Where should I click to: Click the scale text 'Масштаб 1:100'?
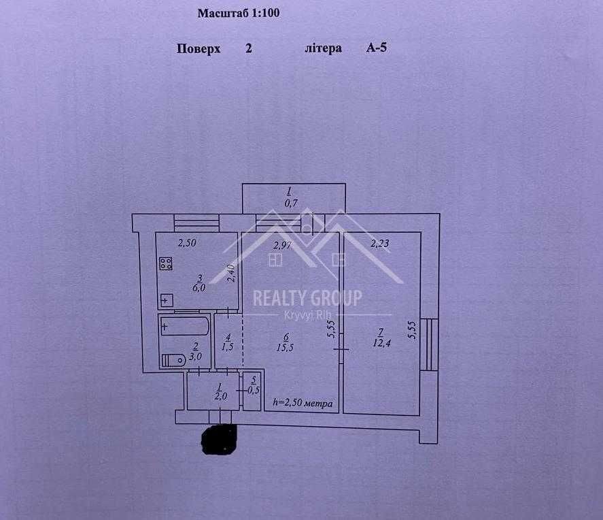[x=239, y=13]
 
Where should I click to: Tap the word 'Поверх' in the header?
[x=199, y=49]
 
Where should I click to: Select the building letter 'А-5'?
[x=377, y=49]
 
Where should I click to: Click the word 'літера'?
[x=323, y=49]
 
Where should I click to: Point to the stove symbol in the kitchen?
[x=165, y=264]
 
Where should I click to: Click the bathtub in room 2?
[x=184, y=327]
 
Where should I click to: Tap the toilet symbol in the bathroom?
[x=174, y=359]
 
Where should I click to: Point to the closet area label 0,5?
[x=254, y=390]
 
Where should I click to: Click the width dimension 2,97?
[x=282, y=246]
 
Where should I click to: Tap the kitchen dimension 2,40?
[x=232, y=273]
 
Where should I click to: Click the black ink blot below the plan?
[x=219, y=439]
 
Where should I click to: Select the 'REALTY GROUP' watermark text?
[x=307, y=297]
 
